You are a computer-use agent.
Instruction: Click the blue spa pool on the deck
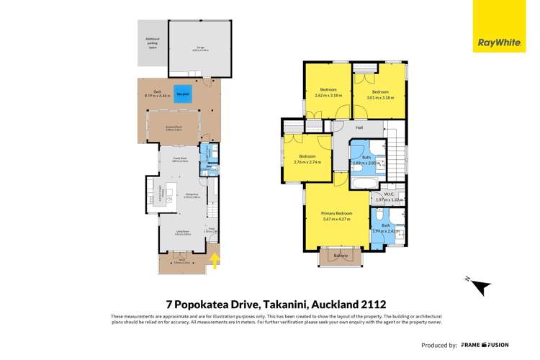[x=184, y=94]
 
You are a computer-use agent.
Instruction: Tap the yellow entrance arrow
[x=215, y=261]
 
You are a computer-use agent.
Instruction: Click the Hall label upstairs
[x=359, y=127]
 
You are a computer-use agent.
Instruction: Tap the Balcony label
[x=341, y=256]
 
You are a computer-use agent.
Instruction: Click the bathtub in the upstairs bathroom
[x=358, y=184]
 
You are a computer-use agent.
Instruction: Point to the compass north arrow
[x=480, y=286]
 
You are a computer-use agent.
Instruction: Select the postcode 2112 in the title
[x=379, y=305]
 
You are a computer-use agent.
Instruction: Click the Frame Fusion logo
[x=492, y=345]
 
